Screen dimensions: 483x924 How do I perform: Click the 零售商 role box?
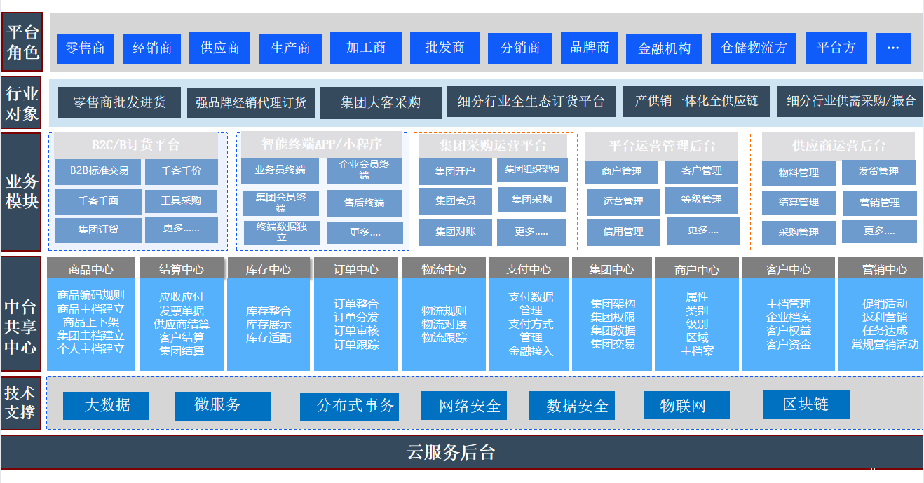[x=85, y=48]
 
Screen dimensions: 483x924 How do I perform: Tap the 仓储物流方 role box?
[x=754, y=48]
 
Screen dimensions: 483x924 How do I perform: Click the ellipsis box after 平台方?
[x=892, y=48]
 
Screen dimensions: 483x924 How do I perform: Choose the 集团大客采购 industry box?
[x=381, y=103]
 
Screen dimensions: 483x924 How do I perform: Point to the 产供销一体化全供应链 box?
[x=696, y=101]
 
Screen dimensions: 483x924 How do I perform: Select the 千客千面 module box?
[x=98, y=201]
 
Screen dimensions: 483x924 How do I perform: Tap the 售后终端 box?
[x=364, y=203]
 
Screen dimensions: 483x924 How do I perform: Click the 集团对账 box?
[x=455, y=231]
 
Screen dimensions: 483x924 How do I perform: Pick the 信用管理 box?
[x=623, y=231]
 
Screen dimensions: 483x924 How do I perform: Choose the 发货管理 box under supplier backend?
[x=878, y=172]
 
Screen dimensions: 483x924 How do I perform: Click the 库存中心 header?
[x=269, y=269]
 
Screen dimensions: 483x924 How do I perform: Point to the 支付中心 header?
[x=530, y=269]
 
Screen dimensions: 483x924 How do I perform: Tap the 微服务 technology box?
[x=217, y=405]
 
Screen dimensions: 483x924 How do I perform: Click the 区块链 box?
[x=806, y=404]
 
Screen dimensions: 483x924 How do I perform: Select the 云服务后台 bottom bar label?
[x=451, y=452]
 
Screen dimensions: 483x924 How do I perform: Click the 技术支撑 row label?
[x=20, y=402]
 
